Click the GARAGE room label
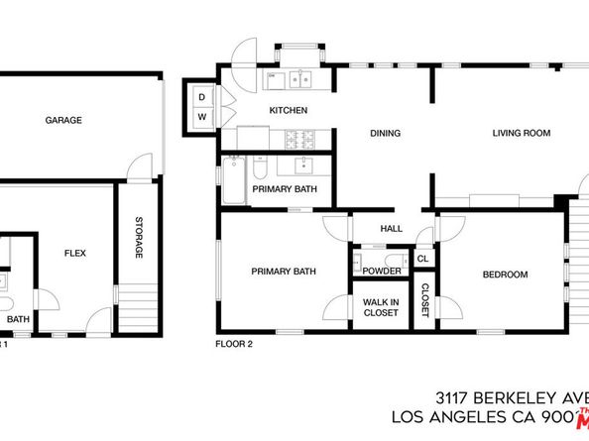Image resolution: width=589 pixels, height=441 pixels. tap(62, 121)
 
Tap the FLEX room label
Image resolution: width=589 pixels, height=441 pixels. tap(74, 254)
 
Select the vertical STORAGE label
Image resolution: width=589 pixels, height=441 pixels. tap(139, 239)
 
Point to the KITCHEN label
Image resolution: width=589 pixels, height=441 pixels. tap(288, 110)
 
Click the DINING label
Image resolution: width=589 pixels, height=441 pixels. tap(385, 133)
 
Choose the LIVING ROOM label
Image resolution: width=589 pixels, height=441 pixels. tap(521, 133)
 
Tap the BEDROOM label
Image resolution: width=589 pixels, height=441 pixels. tap(505, 275)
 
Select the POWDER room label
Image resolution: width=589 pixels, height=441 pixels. tap(382, 272)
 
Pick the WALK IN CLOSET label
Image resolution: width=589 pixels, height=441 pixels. tap(381, 307)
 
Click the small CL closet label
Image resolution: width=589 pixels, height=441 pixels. tap(422, 260)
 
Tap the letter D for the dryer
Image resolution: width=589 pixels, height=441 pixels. tap(201, 97)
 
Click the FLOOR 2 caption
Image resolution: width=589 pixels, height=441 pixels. tap(235, 346)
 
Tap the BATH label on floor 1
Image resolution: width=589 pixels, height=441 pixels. tap(19, 319)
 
